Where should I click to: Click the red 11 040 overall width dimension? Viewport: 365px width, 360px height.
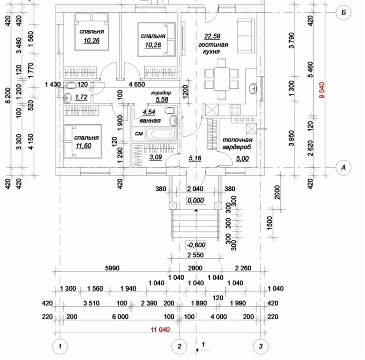point(160,330)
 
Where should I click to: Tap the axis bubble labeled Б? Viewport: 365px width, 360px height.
point(343,13)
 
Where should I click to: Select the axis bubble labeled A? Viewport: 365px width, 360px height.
point(343,168)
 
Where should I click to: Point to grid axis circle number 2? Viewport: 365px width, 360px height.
point(179,347)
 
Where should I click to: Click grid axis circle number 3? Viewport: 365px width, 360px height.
point(261,347)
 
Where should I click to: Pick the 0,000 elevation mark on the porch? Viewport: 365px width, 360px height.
point(196,201)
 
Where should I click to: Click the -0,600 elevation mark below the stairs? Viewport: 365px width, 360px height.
point(196,245)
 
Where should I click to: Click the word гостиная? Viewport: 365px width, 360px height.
point(213,45)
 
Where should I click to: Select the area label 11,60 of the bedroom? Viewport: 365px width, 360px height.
point(83,145)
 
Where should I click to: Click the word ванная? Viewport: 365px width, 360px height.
point(150,121)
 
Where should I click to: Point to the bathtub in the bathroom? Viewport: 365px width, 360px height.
point(161,134)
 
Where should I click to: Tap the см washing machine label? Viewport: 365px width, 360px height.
point(139,134)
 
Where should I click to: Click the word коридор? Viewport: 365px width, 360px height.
point(161,93)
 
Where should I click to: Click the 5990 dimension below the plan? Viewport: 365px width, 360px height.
point(112,268)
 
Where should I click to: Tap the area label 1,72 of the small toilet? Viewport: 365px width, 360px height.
point(82,97)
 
